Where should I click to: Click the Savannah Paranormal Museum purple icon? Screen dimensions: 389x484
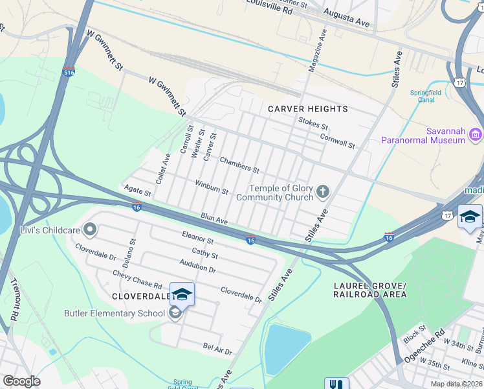click(x=476, y=134)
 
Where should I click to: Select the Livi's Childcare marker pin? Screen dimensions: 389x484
click(x=90, y=230)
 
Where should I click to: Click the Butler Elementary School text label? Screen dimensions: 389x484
click(x=115, y=314)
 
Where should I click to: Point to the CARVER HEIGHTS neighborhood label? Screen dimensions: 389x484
click(x=308, y=109)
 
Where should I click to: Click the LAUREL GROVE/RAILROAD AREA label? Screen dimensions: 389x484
click(x=369, y=290)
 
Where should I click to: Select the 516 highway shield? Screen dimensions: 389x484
click(x=69, y=73)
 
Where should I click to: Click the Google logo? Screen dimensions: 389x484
click(x=21, y=381)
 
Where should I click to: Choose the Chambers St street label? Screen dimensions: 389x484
click(x=239, y=165)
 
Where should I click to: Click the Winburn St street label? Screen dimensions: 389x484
click(x=212, y=187)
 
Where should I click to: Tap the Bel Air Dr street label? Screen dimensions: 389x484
click(x=217, y=350)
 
